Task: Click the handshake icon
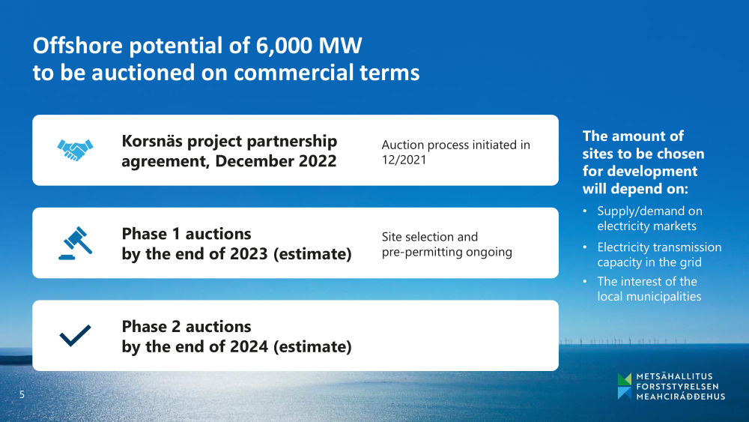75,150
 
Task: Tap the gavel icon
75,243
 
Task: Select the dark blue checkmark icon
75,336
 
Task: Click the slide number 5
22,394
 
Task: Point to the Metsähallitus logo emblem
624,386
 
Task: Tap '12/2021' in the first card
404,160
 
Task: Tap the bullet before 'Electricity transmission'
585,247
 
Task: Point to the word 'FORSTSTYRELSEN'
677,386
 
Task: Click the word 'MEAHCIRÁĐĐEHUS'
681,397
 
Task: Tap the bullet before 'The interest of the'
585,282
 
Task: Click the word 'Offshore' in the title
78,46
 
